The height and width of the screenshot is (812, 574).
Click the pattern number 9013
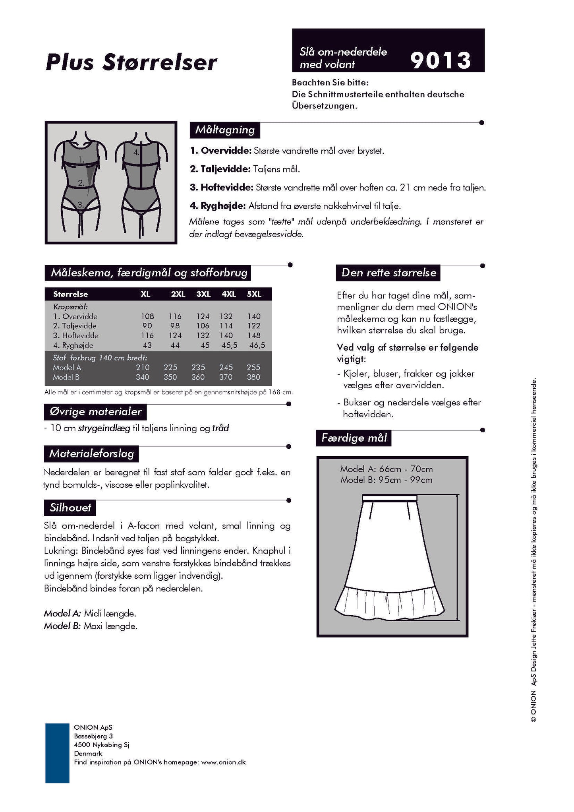440,60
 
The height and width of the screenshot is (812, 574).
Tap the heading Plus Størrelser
131,63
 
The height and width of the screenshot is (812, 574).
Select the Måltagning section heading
225,130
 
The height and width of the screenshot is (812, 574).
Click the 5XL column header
254,294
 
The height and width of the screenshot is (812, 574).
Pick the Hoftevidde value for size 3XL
203,335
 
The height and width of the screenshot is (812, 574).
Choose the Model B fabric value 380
253,377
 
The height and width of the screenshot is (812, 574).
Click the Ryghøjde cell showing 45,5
229,345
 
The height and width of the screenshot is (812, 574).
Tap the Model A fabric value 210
143,367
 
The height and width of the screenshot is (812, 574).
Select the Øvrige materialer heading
95,412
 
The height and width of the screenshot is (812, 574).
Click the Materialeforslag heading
91,454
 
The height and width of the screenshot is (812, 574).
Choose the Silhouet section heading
70,508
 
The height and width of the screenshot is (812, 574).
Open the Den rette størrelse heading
388,273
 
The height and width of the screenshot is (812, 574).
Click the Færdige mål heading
354,438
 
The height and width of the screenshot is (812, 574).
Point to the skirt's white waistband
389,498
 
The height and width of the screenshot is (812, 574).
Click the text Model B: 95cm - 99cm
386,480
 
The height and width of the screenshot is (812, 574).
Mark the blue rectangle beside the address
57,753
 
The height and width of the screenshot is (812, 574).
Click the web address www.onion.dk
223,762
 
